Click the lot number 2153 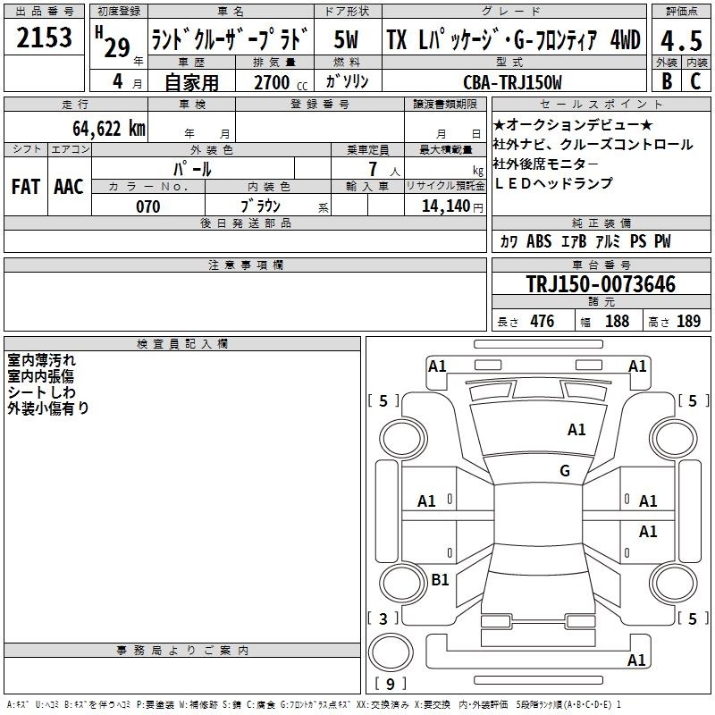[x=44, y=38]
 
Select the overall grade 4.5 [x=681, y=40]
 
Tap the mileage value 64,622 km [x=109, y=128]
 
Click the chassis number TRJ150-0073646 [x=601, y=284]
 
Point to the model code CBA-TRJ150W [x=512, y=82]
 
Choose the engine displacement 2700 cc [x=281, y=82]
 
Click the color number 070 [x=147, y=206]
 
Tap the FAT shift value [x=26, y=187]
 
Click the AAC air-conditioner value [x=69, y=187]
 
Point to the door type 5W [x=346, y=39]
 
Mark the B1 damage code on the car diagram [x=440, y=579]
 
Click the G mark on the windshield [x=565, y=470]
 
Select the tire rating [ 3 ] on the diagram [x=383, y=618]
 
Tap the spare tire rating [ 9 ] [x=390, y=684]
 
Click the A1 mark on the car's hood [x=576, y=430]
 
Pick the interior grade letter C [x=695, y=81]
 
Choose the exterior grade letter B [x=667, y=81]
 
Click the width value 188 [x=617, y=321]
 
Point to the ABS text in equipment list [x=539, y=241]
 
